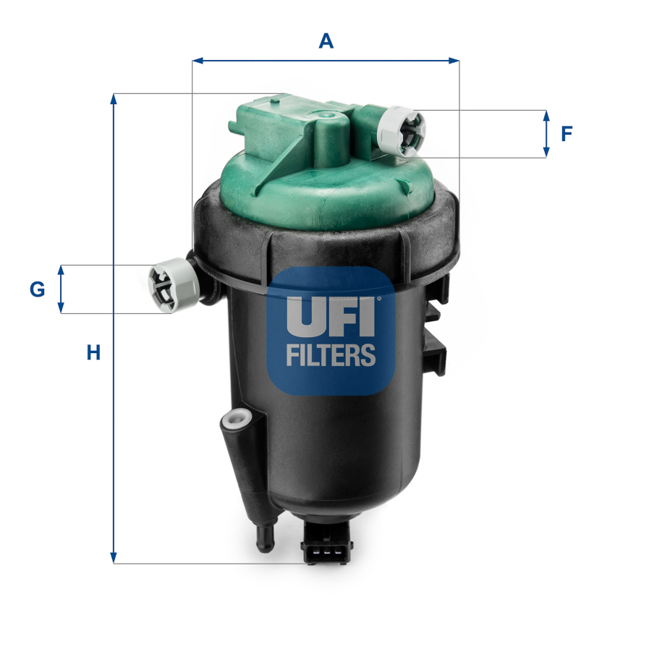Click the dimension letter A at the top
pyautogui.click(x=326, y=41)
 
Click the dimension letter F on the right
pyautogui.click(x=567, y=133)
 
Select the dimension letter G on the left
pyautogui.click(x=37, y=289)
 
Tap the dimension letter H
pyautogui.click(x=93, y=353)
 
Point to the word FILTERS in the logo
pyautogui.click(x=331, y=355)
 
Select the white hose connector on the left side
pyautogui.click(x=171, y=287)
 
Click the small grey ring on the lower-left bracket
pyautogui.click(x=236, y=418)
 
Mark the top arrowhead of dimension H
pyautogui.click(x=113, y=98)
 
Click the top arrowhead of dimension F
pyautogui.click(x=546, y=115)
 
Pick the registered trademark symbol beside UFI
pyautogui.click(x=378, y=299)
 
